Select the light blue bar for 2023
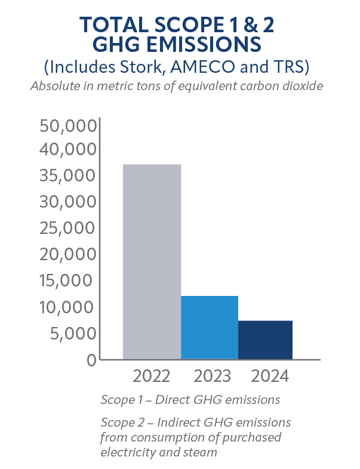[210, 328]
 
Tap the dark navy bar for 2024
[265, 340]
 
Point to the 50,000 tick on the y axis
[67, 126]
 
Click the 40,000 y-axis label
[67, 149]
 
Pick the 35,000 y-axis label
[67, 175]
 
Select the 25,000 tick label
[67, 228]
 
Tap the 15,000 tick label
[67, 280]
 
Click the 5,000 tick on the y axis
[71, 333]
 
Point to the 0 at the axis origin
[90, 359]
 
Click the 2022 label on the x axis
[152, 377]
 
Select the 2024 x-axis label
[270, 377]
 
